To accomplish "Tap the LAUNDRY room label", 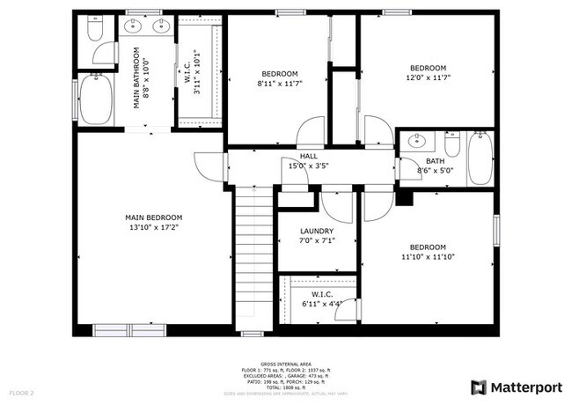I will click(x=317, y=231).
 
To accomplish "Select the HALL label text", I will click(x=308, y=156).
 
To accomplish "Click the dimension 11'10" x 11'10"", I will click(x=428, y=258).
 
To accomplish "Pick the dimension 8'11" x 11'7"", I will click(x=279, y=85).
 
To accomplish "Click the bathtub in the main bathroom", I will click(x=95, y=99).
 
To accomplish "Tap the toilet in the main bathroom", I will click(x=95, y=33).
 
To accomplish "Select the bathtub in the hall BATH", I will click(x=480, y=158).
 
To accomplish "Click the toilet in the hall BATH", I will click(x=452, y=143).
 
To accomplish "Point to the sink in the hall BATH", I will click(x=419, y=141).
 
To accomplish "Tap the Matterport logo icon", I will click(x=478, y=387).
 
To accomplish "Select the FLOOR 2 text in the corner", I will click(x=22, y=392).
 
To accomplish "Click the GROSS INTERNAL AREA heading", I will click(x=285, y=362).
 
